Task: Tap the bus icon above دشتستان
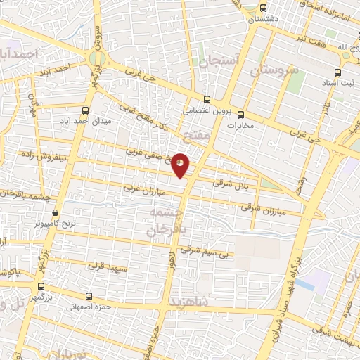tap(264, 8)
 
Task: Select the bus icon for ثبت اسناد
tap(337, 72)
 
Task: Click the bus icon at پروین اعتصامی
tap(206, 99)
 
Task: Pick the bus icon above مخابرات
tap(240, 115)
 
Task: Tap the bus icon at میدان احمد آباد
tap(86, 110)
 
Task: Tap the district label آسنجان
tap(220, 62)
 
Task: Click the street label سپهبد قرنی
tap(107, 268)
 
